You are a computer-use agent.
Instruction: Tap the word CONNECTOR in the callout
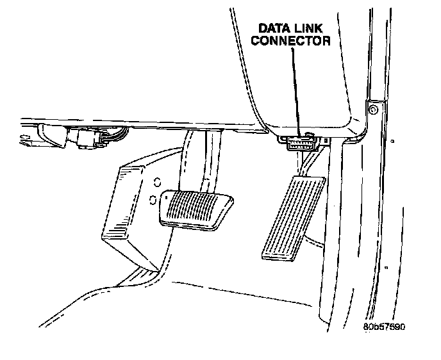click(x=290, y=41)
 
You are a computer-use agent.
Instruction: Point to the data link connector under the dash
click(x=299, y=142)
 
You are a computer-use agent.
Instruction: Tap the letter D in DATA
click(x=262, y=29)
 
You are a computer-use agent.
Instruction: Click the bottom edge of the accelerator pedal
click(x=277, y=257)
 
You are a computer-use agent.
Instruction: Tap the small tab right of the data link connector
click(x=327, y=139)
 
